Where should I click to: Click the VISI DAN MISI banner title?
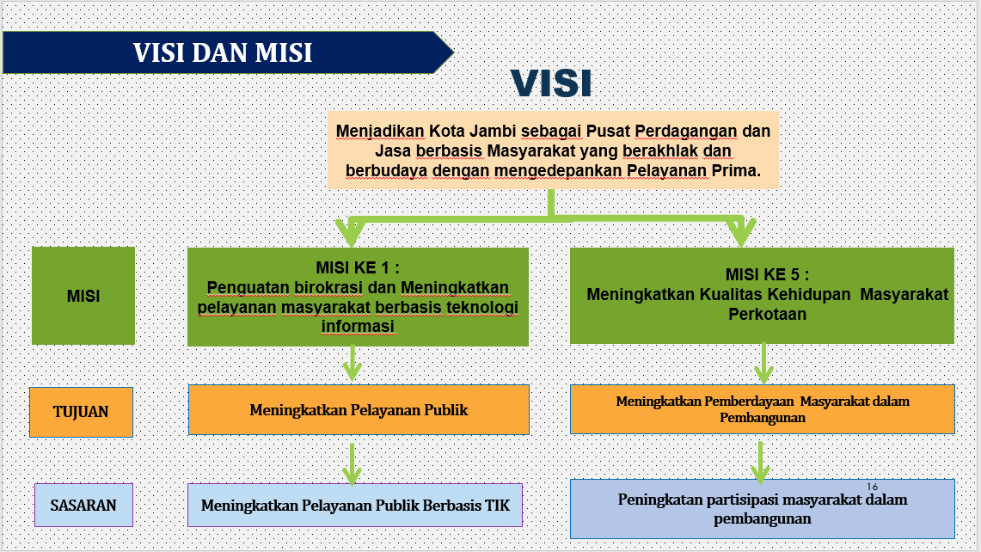click(222, 52)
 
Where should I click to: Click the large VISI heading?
click(551, 83)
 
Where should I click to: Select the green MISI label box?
click(83, 296)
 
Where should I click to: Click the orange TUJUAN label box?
click(81, 412)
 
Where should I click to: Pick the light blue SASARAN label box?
click(84, 505)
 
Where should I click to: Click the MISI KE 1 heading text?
click(358, 268)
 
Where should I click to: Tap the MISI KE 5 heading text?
click(767, 275)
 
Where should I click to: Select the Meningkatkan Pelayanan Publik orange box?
click(359, 410)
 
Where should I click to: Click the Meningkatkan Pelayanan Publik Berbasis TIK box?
click(355, 505)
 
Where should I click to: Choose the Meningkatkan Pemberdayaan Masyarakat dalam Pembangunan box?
click(762, 409)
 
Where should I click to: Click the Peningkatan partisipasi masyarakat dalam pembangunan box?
click(762, 509)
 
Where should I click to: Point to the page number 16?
click(872, 487)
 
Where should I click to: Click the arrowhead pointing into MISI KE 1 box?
click(351, 234)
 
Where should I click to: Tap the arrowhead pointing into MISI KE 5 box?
click(741, 234)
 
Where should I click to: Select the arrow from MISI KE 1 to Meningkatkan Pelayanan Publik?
click(353, 363)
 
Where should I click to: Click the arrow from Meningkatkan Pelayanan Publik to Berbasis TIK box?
click(353, 464)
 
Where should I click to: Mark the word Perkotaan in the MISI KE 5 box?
click(767, 314)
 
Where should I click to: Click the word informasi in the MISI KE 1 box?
click(358, 326)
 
